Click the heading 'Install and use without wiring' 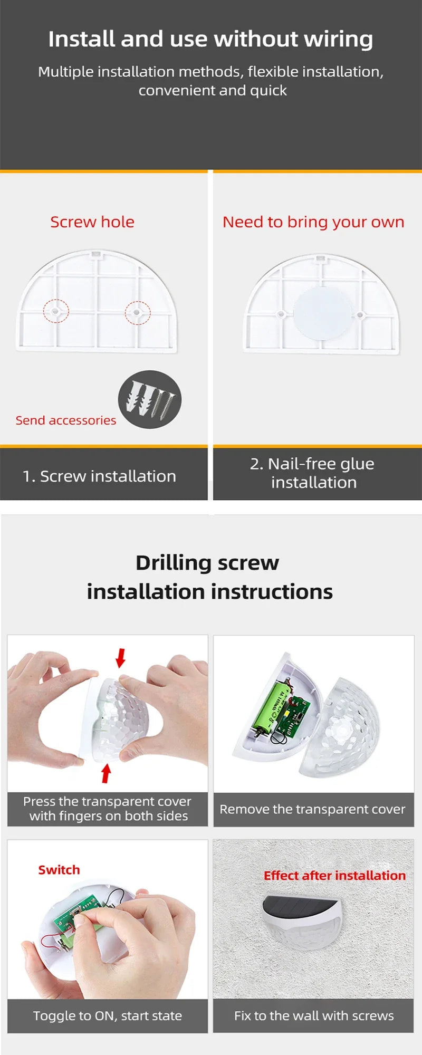click(210, 39)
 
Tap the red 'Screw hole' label click(92, 222)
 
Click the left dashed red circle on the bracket click(56, 311)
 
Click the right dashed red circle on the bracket click(137, 312)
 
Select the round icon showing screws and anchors click(149, 399)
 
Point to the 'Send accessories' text click(66, 420)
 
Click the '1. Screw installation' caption click(99, 476)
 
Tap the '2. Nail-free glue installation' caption click(313, 473)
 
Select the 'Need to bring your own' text click(313, 222)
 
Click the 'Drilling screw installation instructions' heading click(209, 577)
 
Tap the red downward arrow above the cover click(121, 657)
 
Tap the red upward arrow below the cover click(106, 773)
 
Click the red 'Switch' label click(59, 870)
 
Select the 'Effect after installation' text click(334, 876)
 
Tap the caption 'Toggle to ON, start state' click(107, 1015)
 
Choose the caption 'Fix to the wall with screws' click(314, 1015)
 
